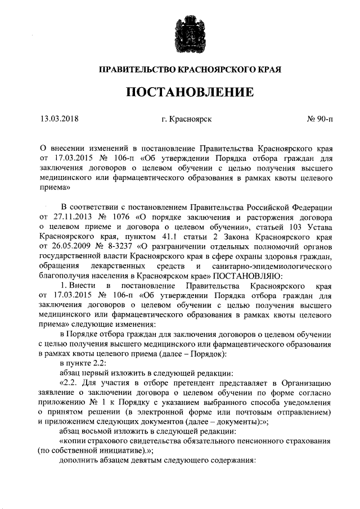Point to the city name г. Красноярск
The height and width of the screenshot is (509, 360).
[x=186, y=119]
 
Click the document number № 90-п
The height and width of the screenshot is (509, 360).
[x=320, y=119]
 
